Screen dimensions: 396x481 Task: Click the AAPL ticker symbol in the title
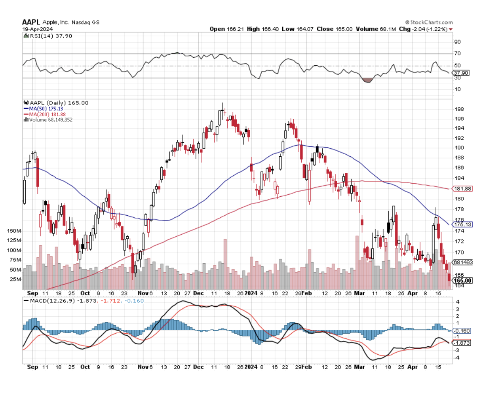(x=31, y=22)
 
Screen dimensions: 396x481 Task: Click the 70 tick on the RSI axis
(x=457, y=54)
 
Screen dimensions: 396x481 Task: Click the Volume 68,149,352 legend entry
(x=49, y=120)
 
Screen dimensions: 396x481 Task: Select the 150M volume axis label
(x=14, y=231)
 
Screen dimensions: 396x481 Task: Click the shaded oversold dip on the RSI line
(x=368, y=80)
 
